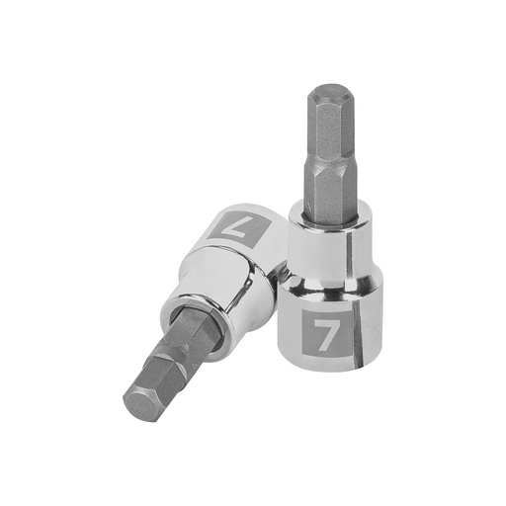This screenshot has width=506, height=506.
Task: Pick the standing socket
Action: (330, 296)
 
